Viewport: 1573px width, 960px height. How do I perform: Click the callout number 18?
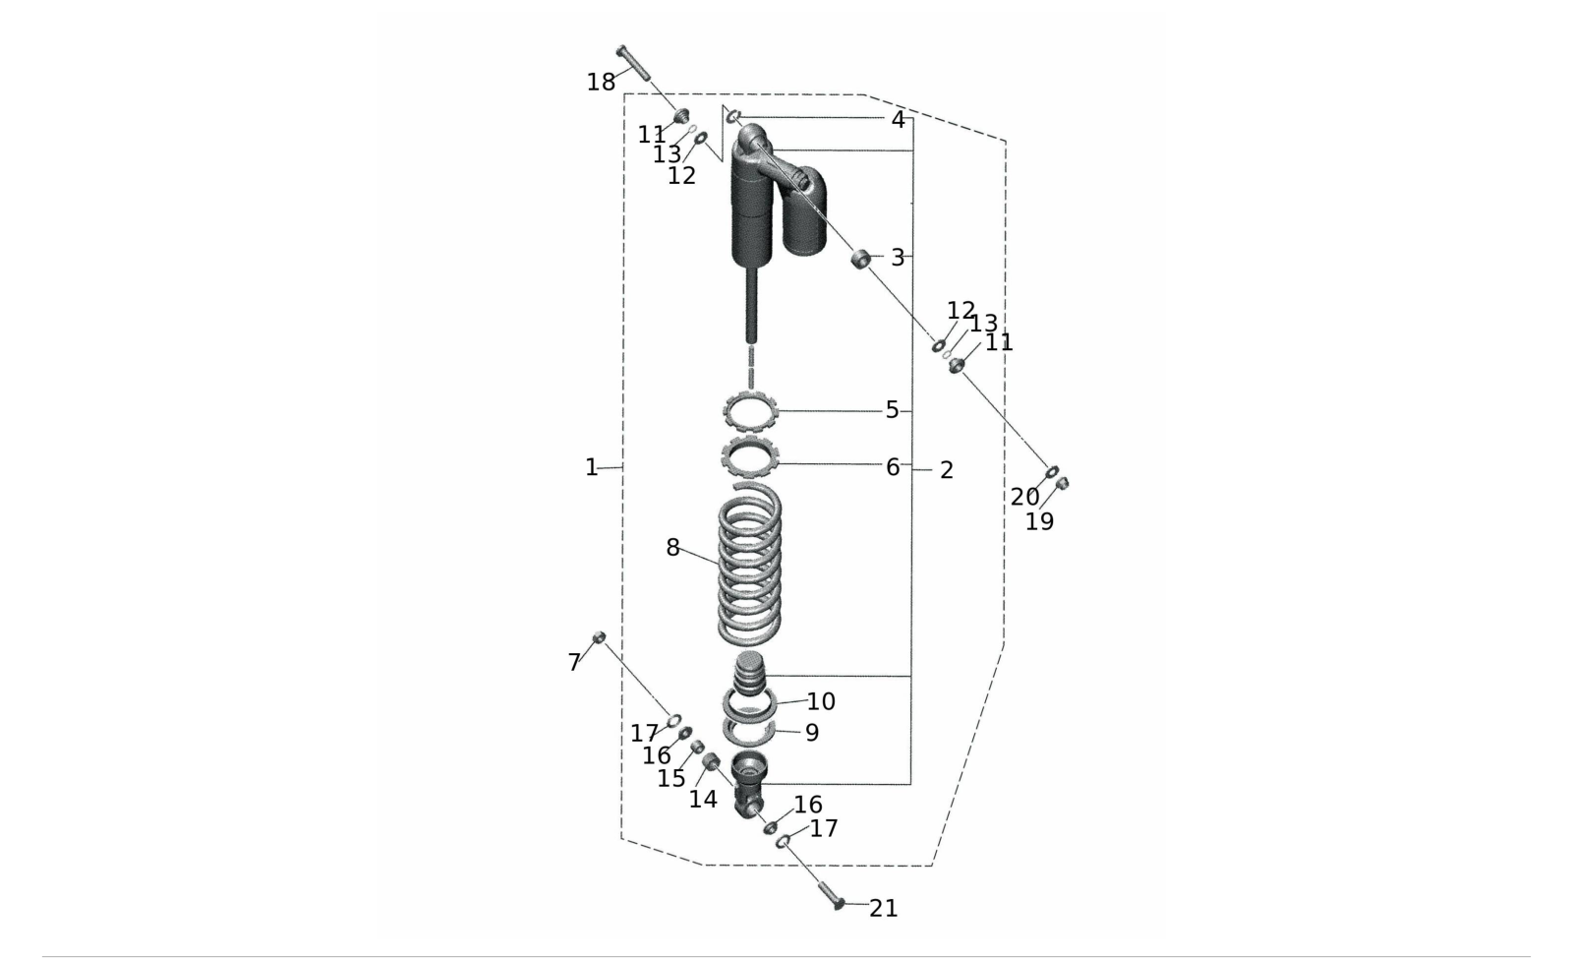click(601, 83)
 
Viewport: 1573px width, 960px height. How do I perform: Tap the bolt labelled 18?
click(633, 63)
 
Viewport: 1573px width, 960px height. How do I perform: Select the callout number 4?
click(898, 120)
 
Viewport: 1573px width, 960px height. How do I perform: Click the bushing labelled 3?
click(861, 259)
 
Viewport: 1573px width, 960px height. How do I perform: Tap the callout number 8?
click(672, 548)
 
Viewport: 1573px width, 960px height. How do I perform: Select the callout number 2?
click(947, 470)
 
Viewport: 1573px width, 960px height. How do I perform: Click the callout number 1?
click(591, 467)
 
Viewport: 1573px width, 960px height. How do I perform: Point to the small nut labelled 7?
click(599, 637)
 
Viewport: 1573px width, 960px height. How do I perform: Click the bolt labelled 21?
click(831, 895)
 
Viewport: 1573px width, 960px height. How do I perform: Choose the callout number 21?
click(884, 909)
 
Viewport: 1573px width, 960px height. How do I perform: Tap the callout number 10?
click(820, 701)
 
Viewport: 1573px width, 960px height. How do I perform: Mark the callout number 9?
click(812, 733)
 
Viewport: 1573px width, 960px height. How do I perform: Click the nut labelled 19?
click(1063, 483)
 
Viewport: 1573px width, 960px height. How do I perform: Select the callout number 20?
click(1024, 497)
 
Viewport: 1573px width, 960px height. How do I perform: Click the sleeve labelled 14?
click(712, 761)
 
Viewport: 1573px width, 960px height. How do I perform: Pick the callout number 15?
click(670, 779)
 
